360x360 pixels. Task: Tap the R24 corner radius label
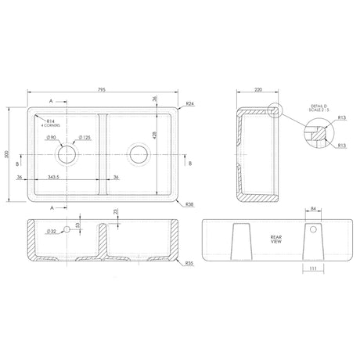tap(190, 103)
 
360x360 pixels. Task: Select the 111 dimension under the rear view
tap(312, 268)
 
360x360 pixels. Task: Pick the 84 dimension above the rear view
tap(312, 211)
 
